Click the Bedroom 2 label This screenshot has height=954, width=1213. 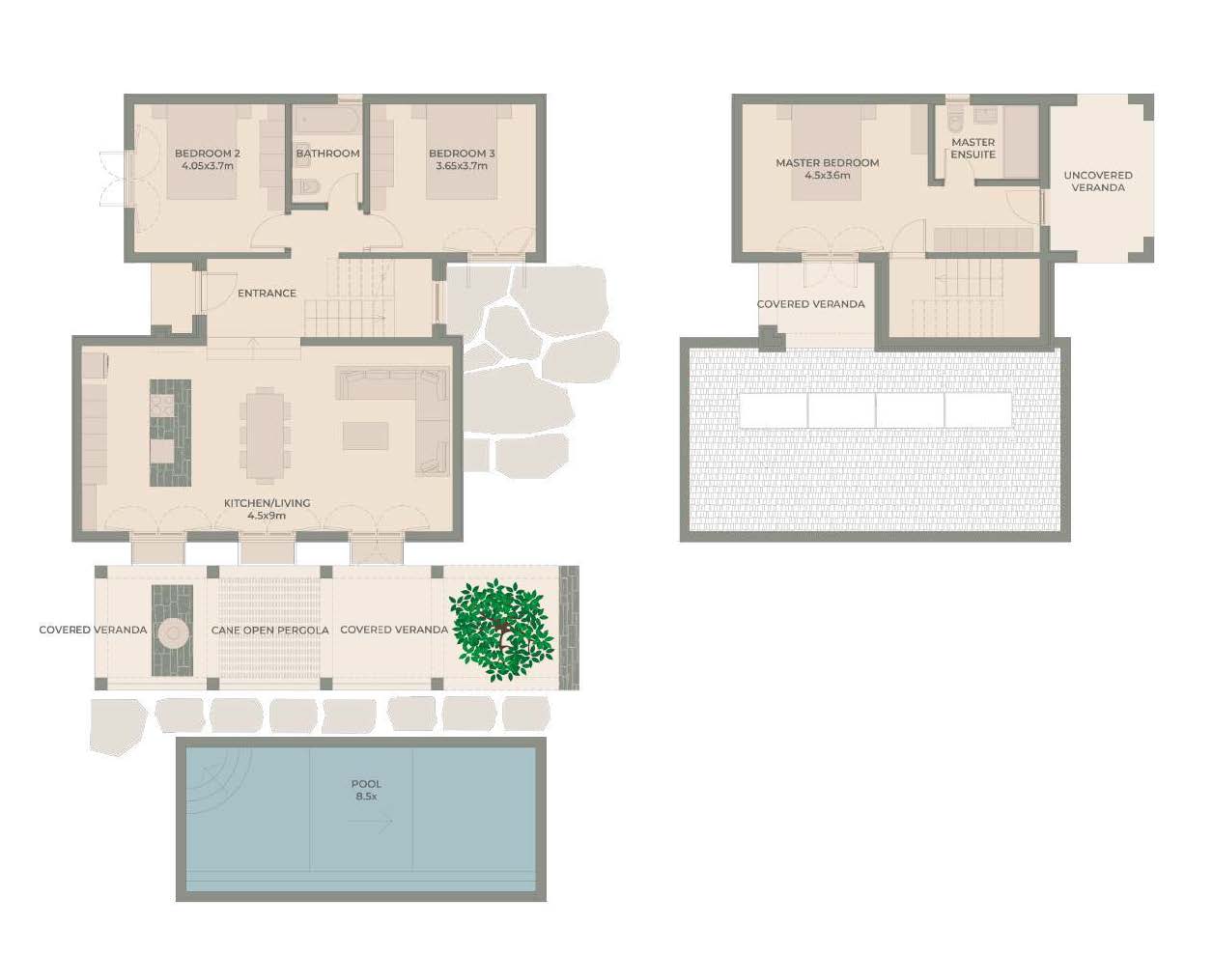(208, 154)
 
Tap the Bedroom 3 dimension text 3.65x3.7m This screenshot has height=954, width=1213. (462, 166)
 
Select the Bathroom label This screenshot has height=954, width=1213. (328, 154)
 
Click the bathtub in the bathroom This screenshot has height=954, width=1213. (328, 121)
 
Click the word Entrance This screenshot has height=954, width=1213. (267, 293)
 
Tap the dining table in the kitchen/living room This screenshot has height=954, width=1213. (265, 435)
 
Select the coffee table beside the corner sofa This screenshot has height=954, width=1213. (365, 436)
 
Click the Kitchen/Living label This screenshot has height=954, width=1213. (268, 503)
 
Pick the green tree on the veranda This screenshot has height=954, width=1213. (501, 630)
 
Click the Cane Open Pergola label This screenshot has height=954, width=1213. (270, 631)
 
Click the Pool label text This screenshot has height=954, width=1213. (366, 784)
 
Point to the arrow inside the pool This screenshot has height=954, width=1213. (370, 822)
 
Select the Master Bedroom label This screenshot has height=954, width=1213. (828, 163)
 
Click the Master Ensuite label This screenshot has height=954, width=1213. (973, 148)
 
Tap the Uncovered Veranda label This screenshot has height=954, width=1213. (1098, 182)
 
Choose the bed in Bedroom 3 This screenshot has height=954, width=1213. (462, 153)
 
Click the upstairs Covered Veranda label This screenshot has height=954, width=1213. (810, 304)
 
